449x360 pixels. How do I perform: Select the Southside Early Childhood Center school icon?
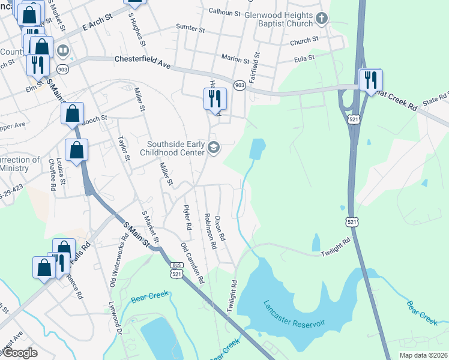(x=214, y=148)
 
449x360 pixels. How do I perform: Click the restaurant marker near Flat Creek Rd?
(x=370, y=79)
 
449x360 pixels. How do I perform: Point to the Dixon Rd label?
(x=220, y=229)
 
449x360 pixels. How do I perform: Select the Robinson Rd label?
(x=209, y=231)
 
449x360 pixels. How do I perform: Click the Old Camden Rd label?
(x=193, y=263)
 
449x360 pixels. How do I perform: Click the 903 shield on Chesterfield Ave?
(x=240, y=85)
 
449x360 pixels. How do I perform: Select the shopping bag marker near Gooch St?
(x=72, y=113)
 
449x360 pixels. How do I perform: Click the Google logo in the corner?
(x=20, y=352)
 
